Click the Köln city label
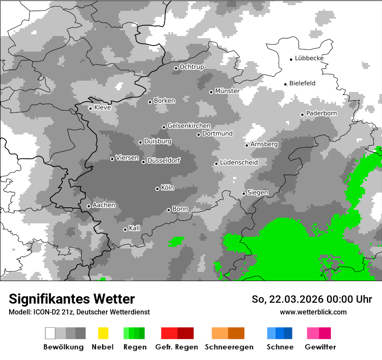click(167, 188)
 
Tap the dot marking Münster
click(211, 92)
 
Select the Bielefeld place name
click(302, 83)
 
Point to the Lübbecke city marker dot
click(291, 59)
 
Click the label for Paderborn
click(321, 113)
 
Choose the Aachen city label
click(104, 205)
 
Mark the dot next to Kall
click(125, 229)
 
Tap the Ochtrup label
click(191, 67)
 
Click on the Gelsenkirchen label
click(189, 126)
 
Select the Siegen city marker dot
click(244, 193)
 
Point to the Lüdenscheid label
click(239, 163)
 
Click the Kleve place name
click(102, 108)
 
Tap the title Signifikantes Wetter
click(72, 299)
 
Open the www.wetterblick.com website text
click(313, 312)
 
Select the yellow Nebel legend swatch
click(103, 333)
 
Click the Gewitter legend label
click(320, 347)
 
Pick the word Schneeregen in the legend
click(229, 347)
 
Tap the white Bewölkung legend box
click(50, 333)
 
